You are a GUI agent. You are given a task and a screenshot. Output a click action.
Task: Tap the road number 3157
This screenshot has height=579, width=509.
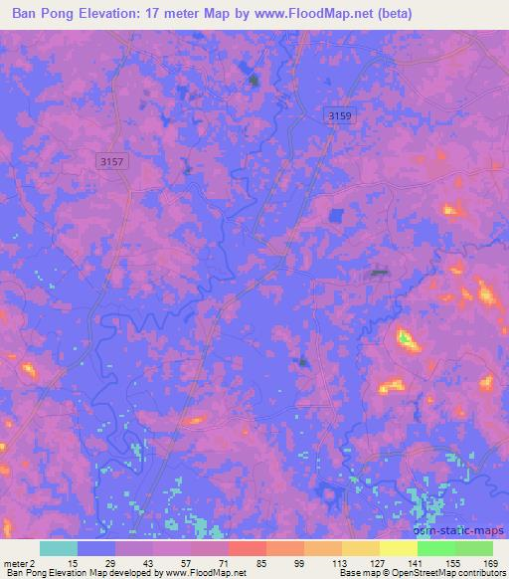[111, 159]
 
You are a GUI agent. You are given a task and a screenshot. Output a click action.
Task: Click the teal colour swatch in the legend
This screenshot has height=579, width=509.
[58, 548]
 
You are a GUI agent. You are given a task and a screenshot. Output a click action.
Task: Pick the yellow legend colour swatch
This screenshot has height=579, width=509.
[398, 548]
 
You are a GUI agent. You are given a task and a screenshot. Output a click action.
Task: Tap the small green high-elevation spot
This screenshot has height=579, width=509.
[405, 339]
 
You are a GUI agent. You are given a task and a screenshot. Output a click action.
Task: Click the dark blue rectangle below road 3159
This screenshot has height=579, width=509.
[336, 216]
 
